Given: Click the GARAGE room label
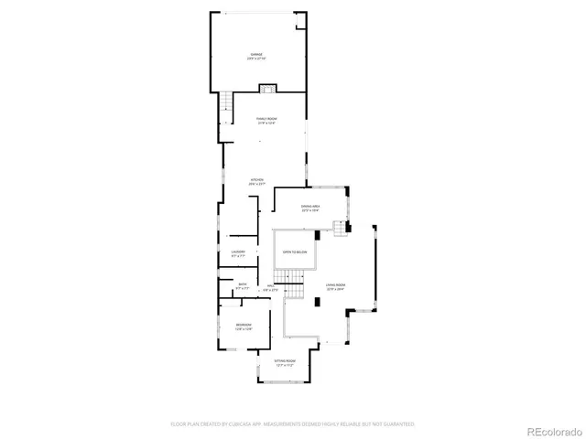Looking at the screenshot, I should pos(257,54).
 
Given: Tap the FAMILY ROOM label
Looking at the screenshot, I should pos(266,119).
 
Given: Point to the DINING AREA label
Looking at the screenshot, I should pos(310,207).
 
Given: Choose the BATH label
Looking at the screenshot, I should pos(242,284).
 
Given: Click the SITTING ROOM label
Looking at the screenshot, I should pos(285,362).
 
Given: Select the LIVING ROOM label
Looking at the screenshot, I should pos(334,285).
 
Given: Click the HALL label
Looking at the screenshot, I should pos(271,285).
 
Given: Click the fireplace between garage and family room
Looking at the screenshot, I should pos(267,89).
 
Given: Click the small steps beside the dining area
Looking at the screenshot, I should pos(341,229).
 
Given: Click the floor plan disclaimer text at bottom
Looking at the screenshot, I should pos(293,424).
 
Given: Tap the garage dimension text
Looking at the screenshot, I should pos(257,59).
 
